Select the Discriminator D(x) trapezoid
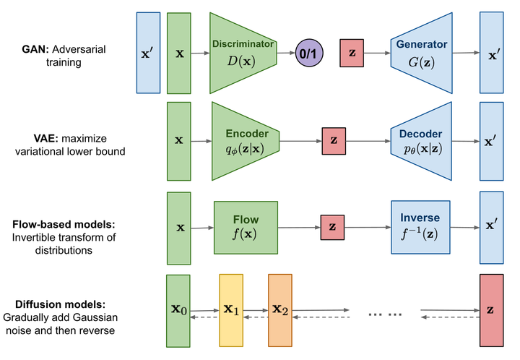coord(243,53)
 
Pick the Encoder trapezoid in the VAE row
coord(246,141)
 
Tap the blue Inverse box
coord(419,227)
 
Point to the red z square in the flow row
coord(332,227)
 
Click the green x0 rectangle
coord(178,310)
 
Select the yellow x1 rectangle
coord(231,310)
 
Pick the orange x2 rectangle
coord(280,310)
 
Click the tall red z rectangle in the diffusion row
coord(490,310)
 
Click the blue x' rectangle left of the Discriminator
coord(148,53)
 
